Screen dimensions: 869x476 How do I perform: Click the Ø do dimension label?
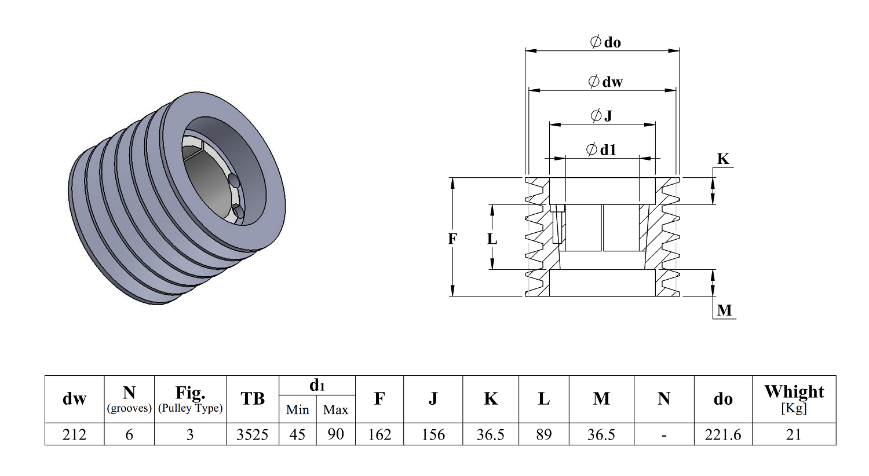(605, 42)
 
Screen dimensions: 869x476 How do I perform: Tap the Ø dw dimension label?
(605, 82)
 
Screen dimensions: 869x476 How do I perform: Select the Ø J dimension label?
(601, 115)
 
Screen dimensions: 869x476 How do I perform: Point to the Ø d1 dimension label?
(601, 149)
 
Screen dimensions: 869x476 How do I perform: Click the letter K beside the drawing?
(723, 159)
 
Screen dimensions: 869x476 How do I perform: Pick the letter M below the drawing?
(724, 310)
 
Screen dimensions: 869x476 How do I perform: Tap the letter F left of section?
(452, 239)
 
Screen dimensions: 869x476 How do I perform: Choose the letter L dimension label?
(492, 239)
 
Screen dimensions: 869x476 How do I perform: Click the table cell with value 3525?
(253, 434)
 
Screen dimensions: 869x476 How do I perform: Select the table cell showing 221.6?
(723, 434)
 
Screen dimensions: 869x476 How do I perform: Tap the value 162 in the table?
(379, 434)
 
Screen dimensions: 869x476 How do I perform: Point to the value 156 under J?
(433, 434)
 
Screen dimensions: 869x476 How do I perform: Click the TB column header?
(253, 398)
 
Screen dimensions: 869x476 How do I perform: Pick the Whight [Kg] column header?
(794, 399)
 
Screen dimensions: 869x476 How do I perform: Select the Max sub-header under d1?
(335, 409)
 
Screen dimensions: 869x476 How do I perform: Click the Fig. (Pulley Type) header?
(190, 399)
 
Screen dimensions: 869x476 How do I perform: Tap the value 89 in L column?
(544, 434)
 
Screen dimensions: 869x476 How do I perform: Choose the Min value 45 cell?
(298, 434)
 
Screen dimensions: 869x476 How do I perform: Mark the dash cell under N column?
(664, 434)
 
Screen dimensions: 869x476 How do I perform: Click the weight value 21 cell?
(794, 434)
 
